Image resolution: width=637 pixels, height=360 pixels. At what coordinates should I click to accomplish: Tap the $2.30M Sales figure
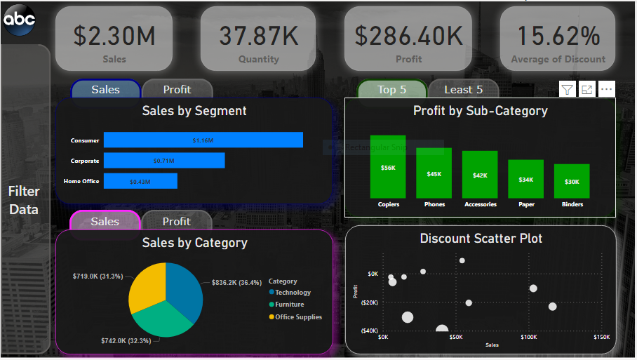114,36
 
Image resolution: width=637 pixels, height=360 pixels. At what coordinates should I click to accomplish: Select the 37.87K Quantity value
258,36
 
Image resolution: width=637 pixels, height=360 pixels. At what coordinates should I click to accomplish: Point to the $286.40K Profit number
408,36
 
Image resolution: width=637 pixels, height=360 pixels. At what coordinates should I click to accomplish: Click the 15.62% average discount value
558,36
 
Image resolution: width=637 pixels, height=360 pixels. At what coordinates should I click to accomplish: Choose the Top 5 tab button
391,89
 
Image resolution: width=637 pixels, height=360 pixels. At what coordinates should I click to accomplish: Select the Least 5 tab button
463,89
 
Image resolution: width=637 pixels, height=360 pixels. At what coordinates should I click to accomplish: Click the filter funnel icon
567,89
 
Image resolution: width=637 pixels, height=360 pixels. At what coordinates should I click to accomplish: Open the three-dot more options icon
606,89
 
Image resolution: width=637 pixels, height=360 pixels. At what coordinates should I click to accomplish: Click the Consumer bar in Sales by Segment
203,140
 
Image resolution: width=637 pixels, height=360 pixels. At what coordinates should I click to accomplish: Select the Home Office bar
140,181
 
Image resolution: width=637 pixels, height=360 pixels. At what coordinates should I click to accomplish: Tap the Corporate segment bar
163,161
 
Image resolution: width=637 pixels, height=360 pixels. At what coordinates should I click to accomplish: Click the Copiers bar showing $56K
388,167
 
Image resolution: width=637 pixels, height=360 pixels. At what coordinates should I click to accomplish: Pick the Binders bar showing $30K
572,181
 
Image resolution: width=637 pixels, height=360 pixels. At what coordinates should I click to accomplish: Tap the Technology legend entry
293,293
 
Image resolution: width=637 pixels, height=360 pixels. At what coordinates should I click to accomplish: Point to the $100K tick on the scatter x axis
528,338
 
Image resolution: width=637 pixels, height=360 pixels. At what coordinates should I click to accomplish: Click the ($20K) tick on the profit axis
368,302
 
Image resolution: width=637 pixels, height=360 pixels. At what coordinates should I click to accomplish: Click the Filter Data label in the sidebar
24,200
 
